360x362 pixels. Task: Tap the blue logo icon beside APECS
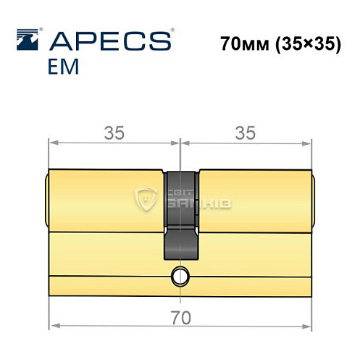point(28,38)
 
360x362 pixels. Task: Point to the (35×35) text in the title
point(306,42)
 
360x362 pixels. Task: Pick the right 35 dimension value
point(246,132)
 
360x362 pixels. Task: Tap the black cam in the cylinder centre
point(179,214)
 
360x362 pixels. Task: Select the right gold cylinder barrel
point(254,200)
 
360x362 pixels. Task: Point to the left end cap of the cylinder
point(47,200)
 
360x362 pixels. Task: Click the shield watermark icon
point(148,198)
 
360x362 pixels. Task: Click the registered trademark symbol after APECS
point(172,31)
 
